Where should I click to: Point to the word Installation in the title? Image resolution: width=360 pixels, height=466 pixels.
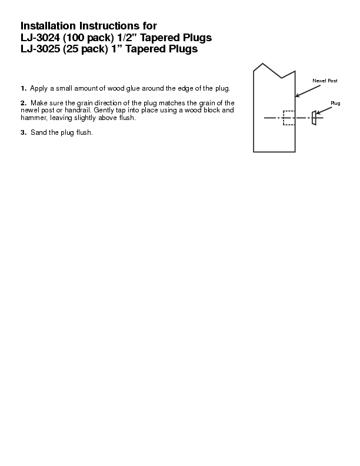click(x=49, y=26)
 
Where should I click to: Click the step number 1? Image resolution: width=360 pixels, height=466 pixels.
click(x=23, y=88)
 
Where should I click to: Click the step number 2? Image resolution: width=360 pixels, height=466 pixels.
click(x=23, y=103)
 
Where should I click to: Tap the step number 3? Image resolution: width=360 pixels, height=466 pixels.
click(x=23, y=132)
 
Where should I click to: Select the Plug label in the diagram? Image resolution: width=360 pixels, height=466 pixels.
click(x=335, y=103)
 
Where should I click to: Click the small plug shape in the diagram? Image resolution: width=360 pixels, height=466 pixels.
click(x=314, y=118)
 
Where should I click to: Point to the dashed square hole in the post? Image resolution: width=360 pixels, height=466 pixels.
click(x=289, y=118)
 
